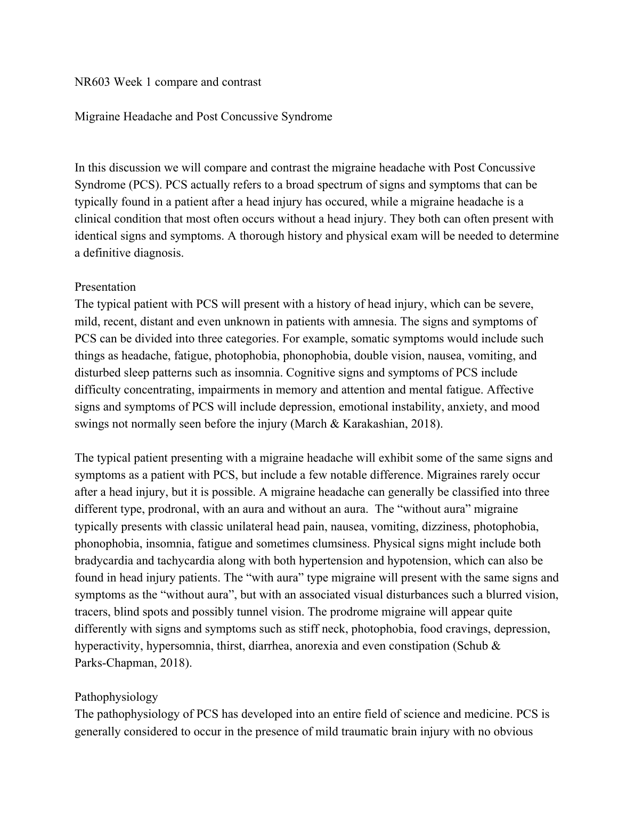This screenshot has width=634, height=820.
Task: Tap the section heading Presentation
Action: [105, 287]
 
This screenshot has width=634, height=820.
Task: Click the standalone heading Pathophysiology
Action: [116, 697]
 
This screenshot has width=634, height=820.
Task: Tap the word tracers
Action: [92, 612]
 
